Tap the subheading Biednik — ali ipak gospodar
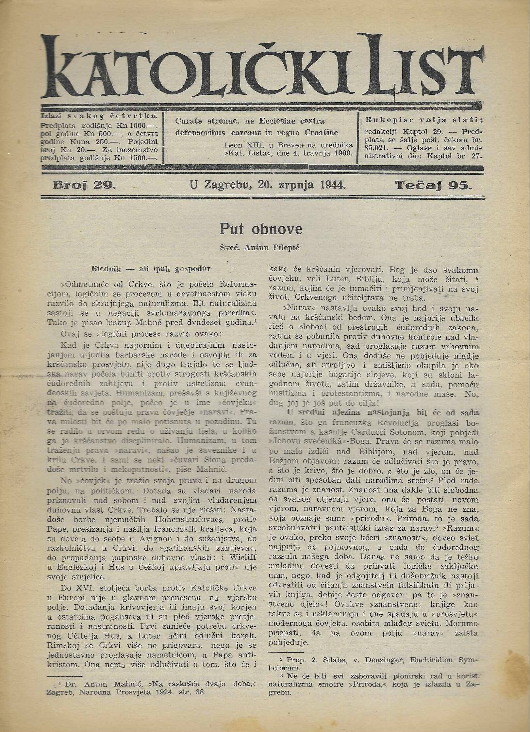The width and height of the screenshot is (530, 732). pyautogui.click(x=151, y=269)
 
